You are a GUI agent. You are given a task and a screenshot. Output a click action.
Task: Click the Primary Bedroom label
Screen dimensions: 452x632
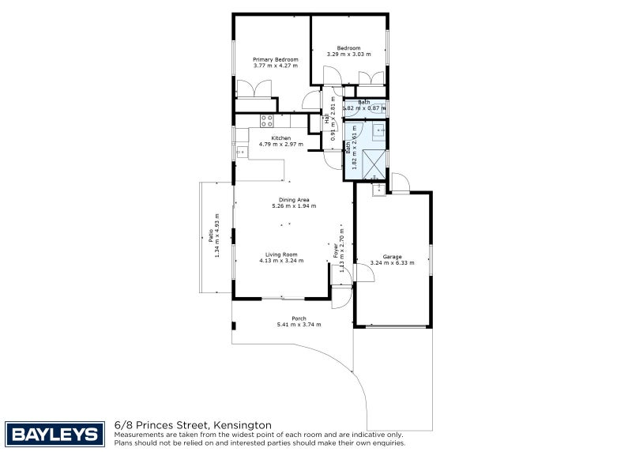[275, 59]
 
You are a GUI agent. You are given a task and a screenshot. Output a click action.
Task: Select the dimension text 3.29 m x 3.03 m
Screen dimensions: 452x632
[348, 55]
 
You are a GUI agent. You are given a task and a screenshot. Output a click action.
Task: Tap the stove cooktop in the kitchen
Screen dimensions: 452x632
[267, 121]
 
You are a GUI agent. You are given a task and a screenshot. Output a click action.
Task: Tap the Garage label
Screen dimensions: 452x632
[392, 257]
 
